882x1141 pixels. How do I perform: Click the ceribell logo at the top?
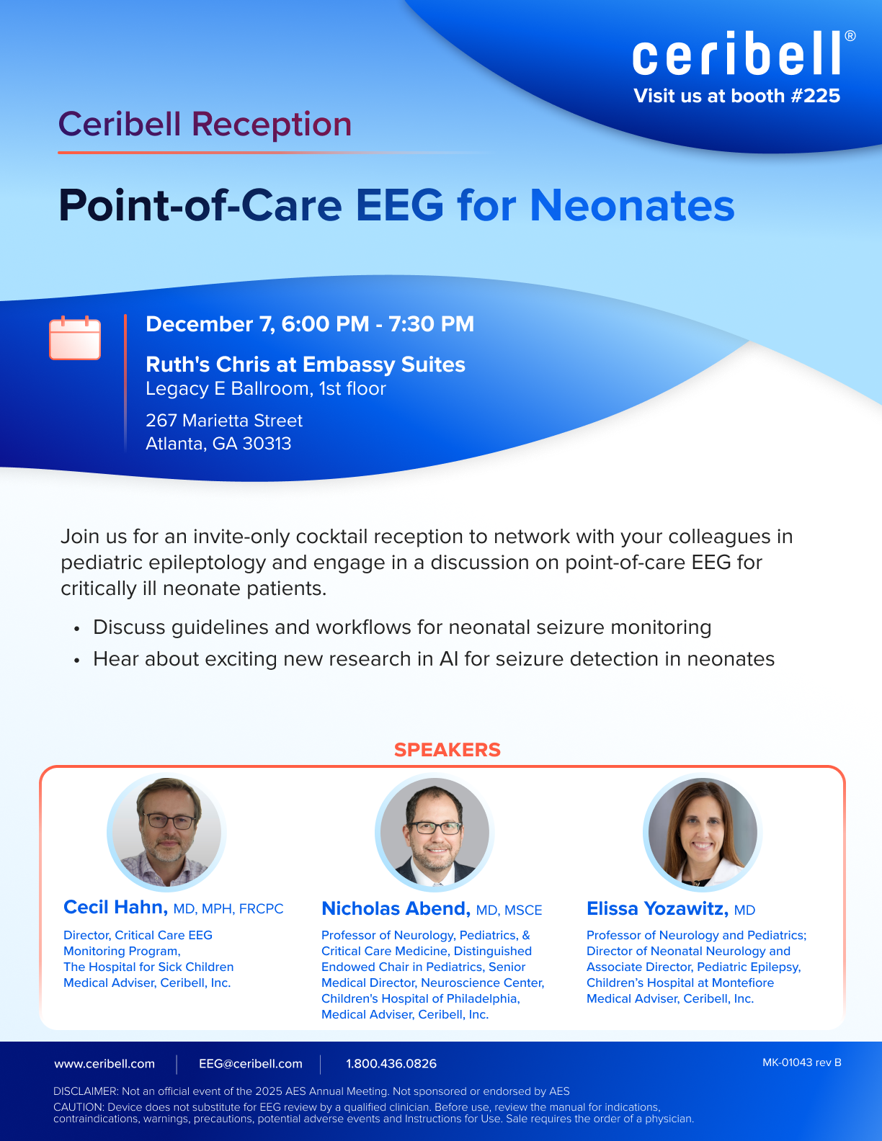(744, 53)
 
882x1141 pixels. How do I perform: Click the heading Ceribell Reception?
(205, 125)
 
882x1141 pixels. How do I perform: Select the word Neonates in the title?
(632, 205)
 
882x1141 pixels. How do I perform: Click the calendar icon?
(75, 338)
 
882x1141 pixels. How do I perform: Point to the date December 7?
(210, 324)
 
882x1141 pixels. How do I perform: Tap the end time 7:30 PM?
(432, 324)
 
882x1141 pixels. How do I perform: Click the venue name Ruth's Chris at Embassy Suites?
(306, 364)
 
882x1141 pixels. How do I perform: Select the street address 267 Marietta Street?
(224, 421)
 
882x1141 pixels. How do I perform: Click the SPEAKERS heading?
(447, 750)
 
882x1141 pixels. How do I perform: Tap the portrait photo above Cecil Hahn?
(167, 833)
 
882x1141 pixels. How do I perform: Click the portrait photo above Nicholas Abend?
(435, 833)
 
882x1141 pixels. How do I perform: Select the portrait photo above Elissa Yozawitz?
(703, 833)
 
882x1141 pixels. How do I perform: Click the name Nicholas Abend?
(396, 909)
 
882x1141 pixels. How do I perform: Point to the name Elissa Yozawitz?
(657, 909)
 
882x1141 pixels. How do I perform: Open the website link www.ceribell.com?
(104, 1064)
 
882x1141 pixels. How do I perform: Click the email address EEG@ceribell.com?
(251, 1064)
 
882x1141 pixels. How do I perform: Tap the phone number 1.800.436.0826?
(391, 1064)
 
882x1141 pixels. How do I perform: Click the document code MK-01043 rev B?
(801, 1062)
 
